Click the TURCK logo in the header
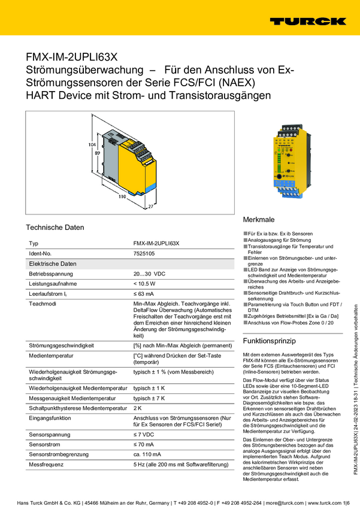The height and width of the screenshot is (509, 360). [307, 21]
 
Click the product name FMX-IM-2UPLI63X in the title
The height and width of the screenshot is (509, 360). [71, 57]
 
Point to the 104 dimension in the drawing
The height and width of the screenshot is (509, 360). [92, 145]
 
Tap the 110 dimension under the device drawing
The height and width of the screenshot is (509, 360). [121, 196]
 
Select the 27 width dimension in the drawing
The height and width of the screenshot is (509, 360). [150, 206]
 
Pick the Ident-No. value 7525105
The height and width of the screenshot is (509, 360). [144, 254]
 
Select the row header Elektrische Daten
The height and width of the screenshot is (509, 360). [53, 263]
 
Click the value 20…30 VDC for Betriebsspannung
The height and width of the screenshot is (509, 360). [149, 273]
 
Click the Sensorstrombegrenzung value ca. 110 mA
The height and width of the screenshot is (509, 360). [148, 455]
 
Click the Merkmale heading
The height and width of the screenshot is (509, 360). [259, 220]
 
